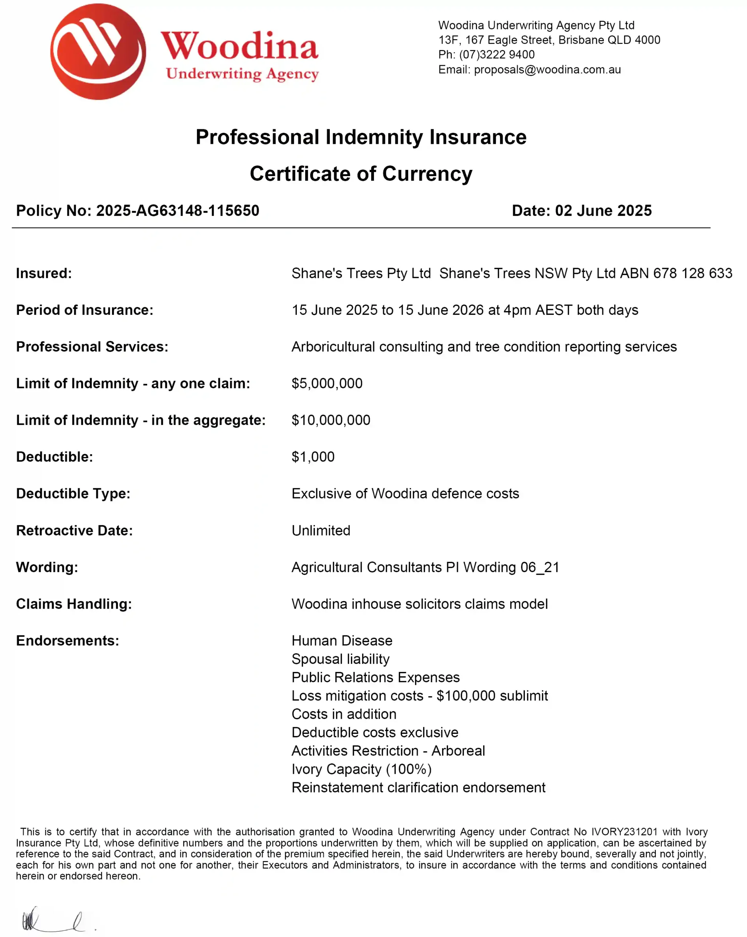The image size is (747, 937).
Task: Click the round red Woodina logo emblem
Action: click(98, 52)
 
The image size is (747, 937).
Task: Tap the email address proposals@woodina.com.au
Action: click(547, 70)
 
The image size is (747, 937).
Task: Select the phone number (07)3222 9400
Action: click(497, 55)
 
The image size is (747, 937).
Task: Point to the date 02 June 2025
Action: click(603, 211)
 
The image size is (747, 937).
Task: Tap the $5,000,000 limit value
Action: click(327, 383)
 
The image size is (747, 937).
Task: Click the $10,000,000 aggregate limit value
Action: click(331, 420)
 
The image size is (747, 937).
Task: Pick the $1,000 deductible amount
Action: click(313, 457)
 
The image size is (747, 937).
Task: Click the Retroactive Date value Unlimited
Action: click(321, 531)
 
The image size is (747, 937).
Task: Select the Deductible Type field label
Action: click(73, 494)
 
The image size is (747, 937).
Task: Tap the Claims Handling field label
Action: click(74, 604)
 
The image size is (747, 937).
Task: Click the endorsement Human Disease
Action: click(342, 641)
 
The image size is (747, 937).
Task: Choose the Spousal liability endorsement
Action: click(340, 659)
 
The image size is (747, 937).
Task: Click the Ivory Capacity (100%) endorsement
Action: click(362, 769)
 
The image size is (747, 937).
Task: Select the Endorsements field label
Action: click(67, 641)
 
